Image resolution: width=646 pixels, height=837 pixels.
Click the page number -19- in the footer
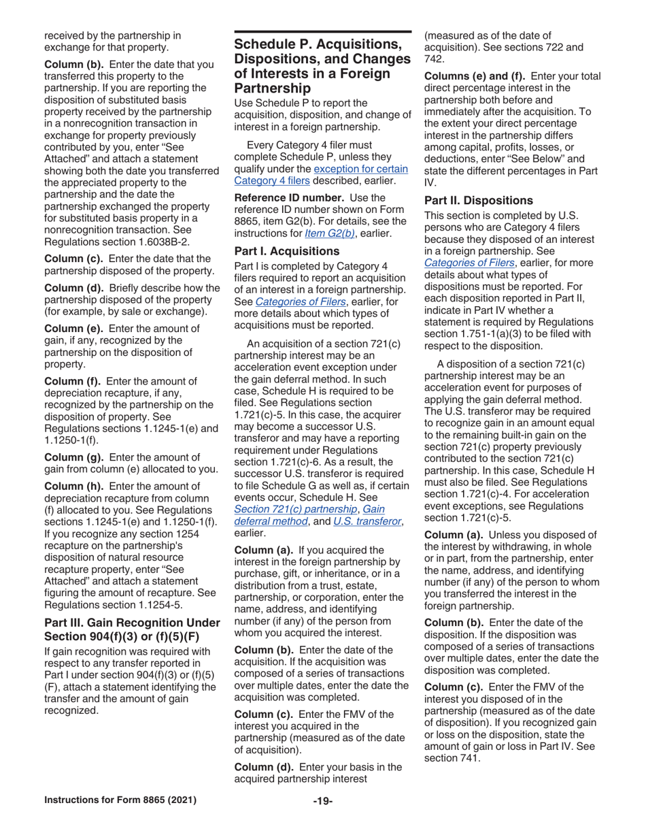click(322, 815)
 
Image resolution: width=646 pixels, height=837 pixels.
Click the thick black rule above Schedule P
click(322, 32)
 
